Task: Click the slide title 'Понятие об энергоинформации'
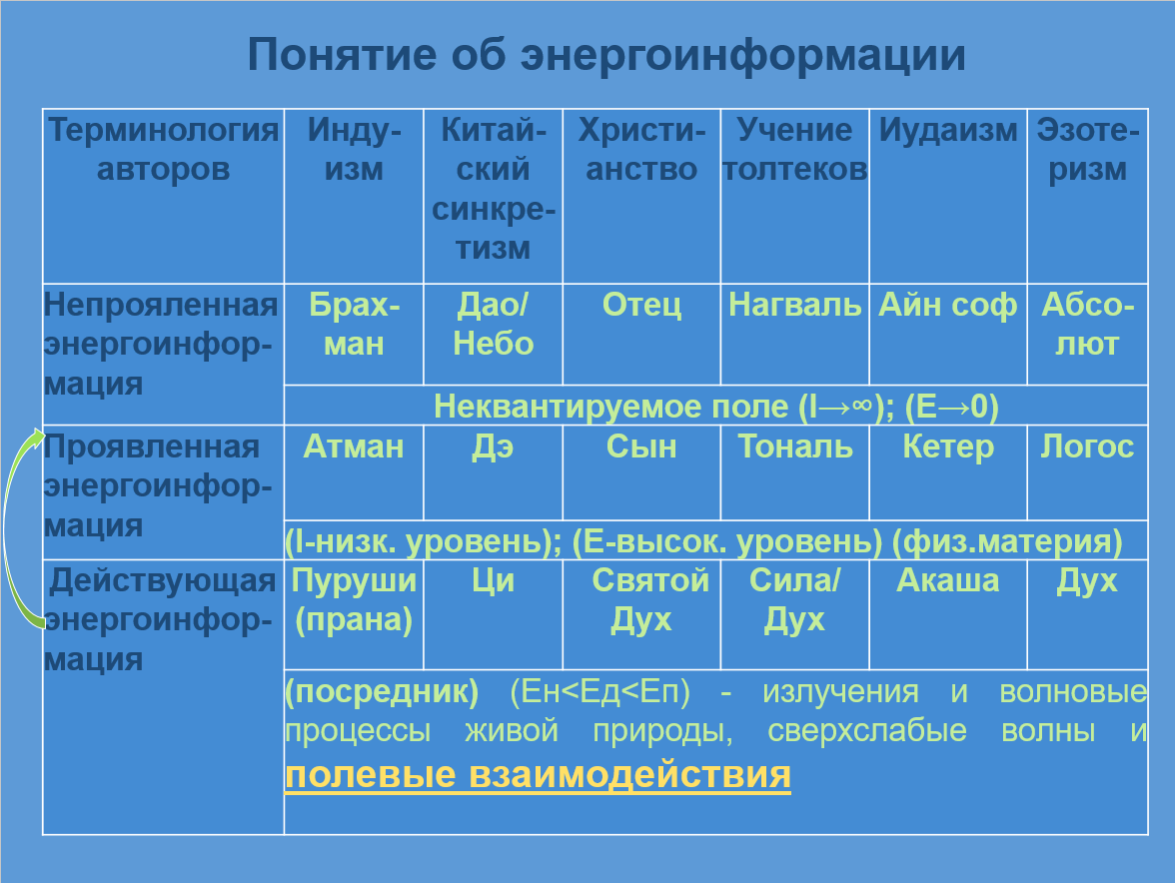(606, 55)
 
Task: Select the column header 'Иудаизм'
(948, 130)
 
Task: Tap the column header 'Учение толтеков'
(794, 150)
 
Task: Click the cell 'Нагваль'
(794, 305)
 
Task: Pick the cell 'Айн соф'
(947, 305)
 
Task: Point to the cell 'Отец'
(641, 305)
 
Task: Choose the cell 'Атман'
(354, 446)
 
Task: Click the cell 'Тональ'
(795, 446)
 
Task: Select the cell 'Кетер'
(948, 446)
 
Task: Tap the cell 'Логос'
(1087, 446)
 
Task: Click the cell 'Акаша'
(948, 580)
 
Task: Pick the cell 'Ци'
(494, 580)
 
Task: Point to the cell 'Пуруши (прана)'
(354, 600)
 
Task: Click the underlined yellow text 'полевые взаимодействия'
(538, 774)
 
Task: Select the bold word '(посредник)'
(382, 691)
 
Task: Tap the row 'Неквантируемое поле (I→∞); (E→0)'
(715, 407)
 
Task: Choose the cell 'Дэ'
(494, 446)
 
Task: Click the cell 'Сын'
(641, 446)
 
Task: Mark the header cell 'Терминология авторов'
(164, 150)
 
